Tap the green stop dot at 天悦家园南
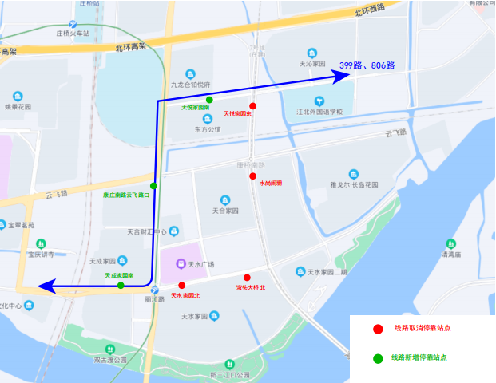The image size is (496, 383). point(209,100)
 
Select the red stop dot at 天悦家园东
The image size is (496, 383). point(252,106)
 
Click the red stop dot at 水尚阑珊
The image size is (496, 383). point(252,176)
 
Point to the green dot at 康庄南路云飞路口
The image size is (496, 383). point(153,186)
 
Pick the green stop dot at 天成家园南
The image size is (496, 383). point(121,285)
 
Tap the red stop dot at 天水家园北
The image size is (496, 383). point(182,285)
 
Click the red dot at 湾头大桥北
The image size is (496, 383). point(247,277)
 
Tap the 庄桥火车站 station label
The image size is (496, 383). point(73,33)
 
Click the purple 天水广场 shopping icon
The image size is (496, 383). point(181,263)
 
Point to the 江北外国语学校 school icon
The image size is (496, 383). point(319,101)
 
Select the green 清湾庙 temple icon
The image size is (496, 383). point(452,243)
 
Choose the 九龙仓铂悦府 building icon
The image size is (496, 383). point(190,73)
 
